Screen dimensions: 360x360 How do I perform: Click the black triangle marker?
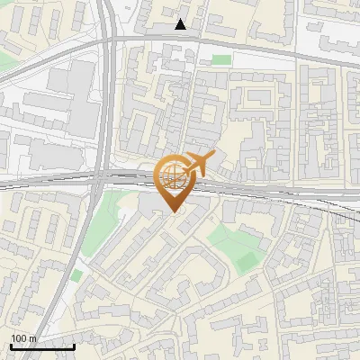[x=181, y=24]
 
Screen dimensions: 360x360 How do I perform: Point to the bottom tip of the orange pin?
[x=173, y=211]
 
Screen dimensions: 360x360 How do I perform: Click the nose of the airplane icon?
[x=213, y=156]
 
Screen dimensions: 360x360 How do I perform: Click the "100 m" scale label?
[x=23, y=338]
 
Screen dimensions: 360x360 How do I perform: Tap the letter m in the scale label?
[x=32, y=338]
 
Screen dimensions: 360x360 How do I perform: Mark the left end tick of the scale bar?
[x=10, y=346]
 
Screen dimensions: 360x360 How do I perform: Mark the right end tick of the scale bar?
[x=75, y=346]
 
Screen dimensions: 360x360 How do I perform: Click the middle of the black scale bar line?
[x=42, y=347]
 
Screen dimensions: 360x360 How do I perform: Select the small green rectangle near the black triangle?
[x=220, y=59]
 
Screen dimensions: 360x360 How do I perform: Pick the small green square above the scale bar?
[x=76, y=274]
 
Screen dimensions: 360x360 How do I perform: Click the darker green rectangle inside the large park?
[x=246, y=261]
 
